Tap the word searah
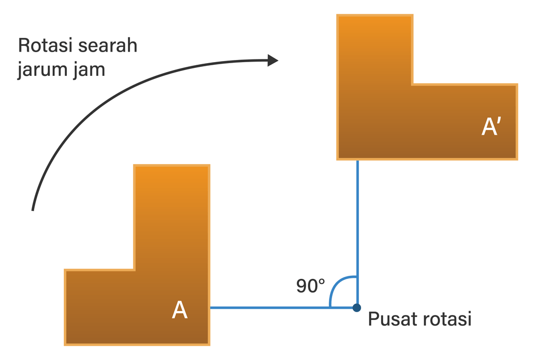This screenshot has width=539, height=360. (x=108, y=45)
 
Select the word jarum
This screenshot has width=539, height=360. (x=42, y=70)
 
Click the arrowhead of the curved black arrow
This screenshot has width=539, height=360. (x=273, y=60)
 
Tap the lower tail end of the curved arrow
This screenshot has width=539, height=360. (x=33, y=209)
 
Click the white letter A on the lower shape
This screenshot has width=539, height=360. (x=179, y=311)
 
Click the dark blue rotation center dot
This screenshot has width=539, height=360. (x=357, y=307)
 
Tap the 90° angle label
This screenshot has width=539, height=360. (x=311, y=286)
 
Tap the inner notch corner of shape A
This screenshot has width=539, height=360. (x=135, y=270)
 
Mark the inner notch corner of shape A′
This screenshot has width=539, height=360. (x=412, y=84)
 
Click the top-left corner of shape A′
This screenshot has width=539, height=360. (x=337, y=16)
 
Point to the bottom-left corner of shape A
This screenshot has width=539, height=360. (x=65, y=344)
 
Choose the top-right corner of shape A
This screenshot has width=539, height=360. (x=209, y=166)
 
